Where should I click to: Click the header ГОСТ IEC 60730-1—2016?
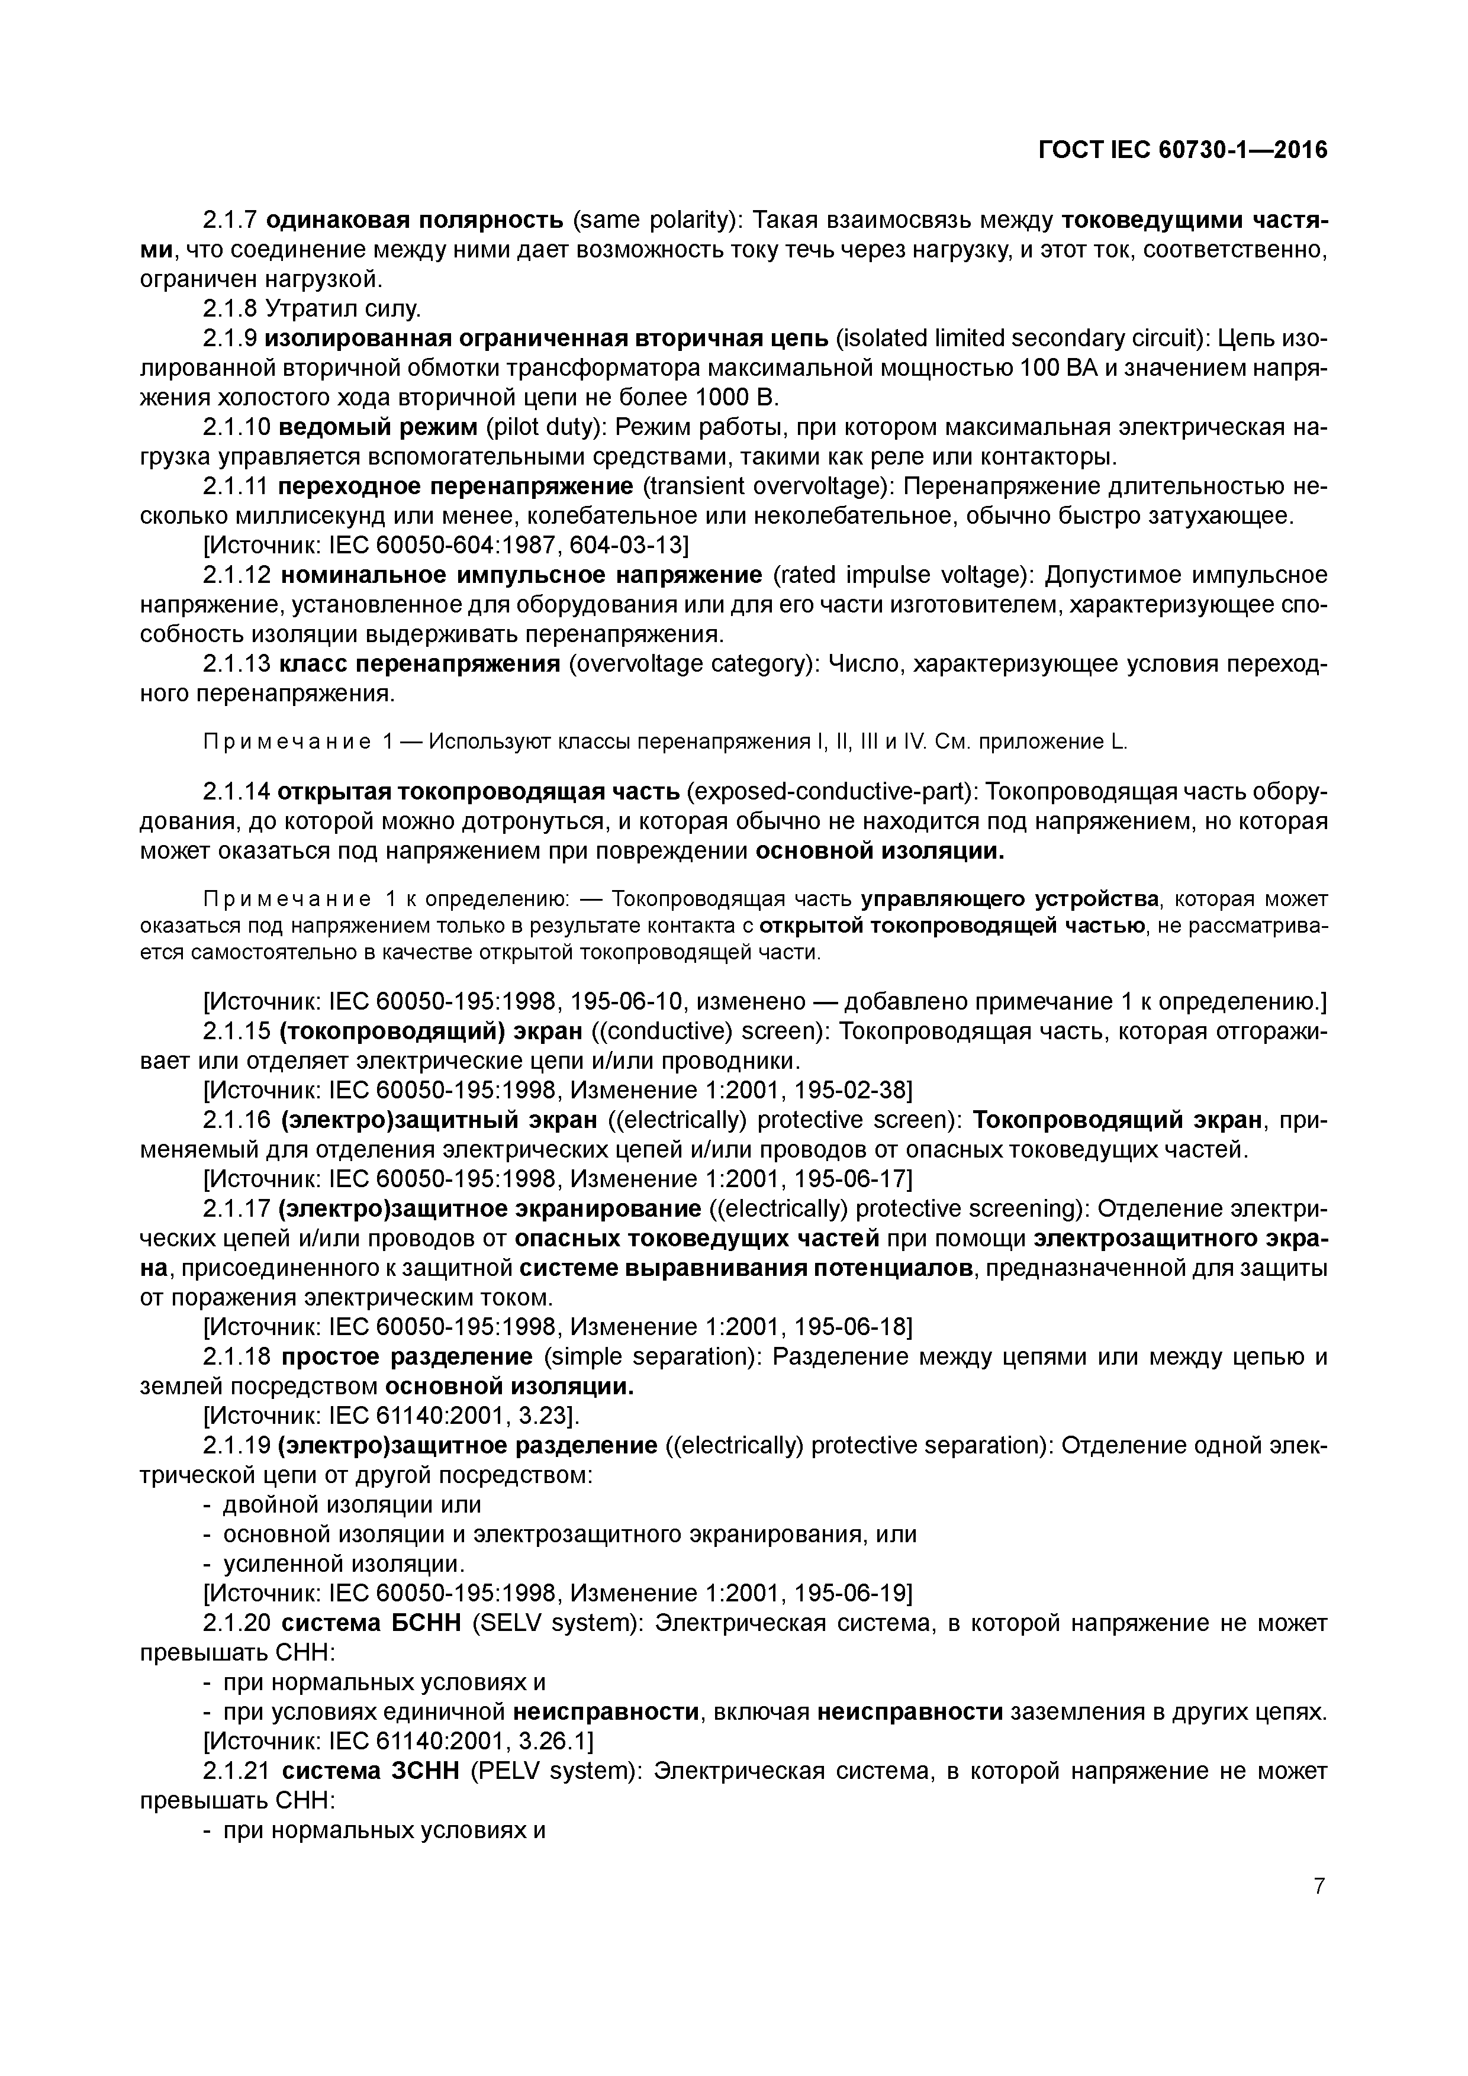1182,150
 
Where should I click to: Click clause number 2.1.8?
230,310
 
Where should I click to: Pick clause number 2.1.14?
236,792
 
